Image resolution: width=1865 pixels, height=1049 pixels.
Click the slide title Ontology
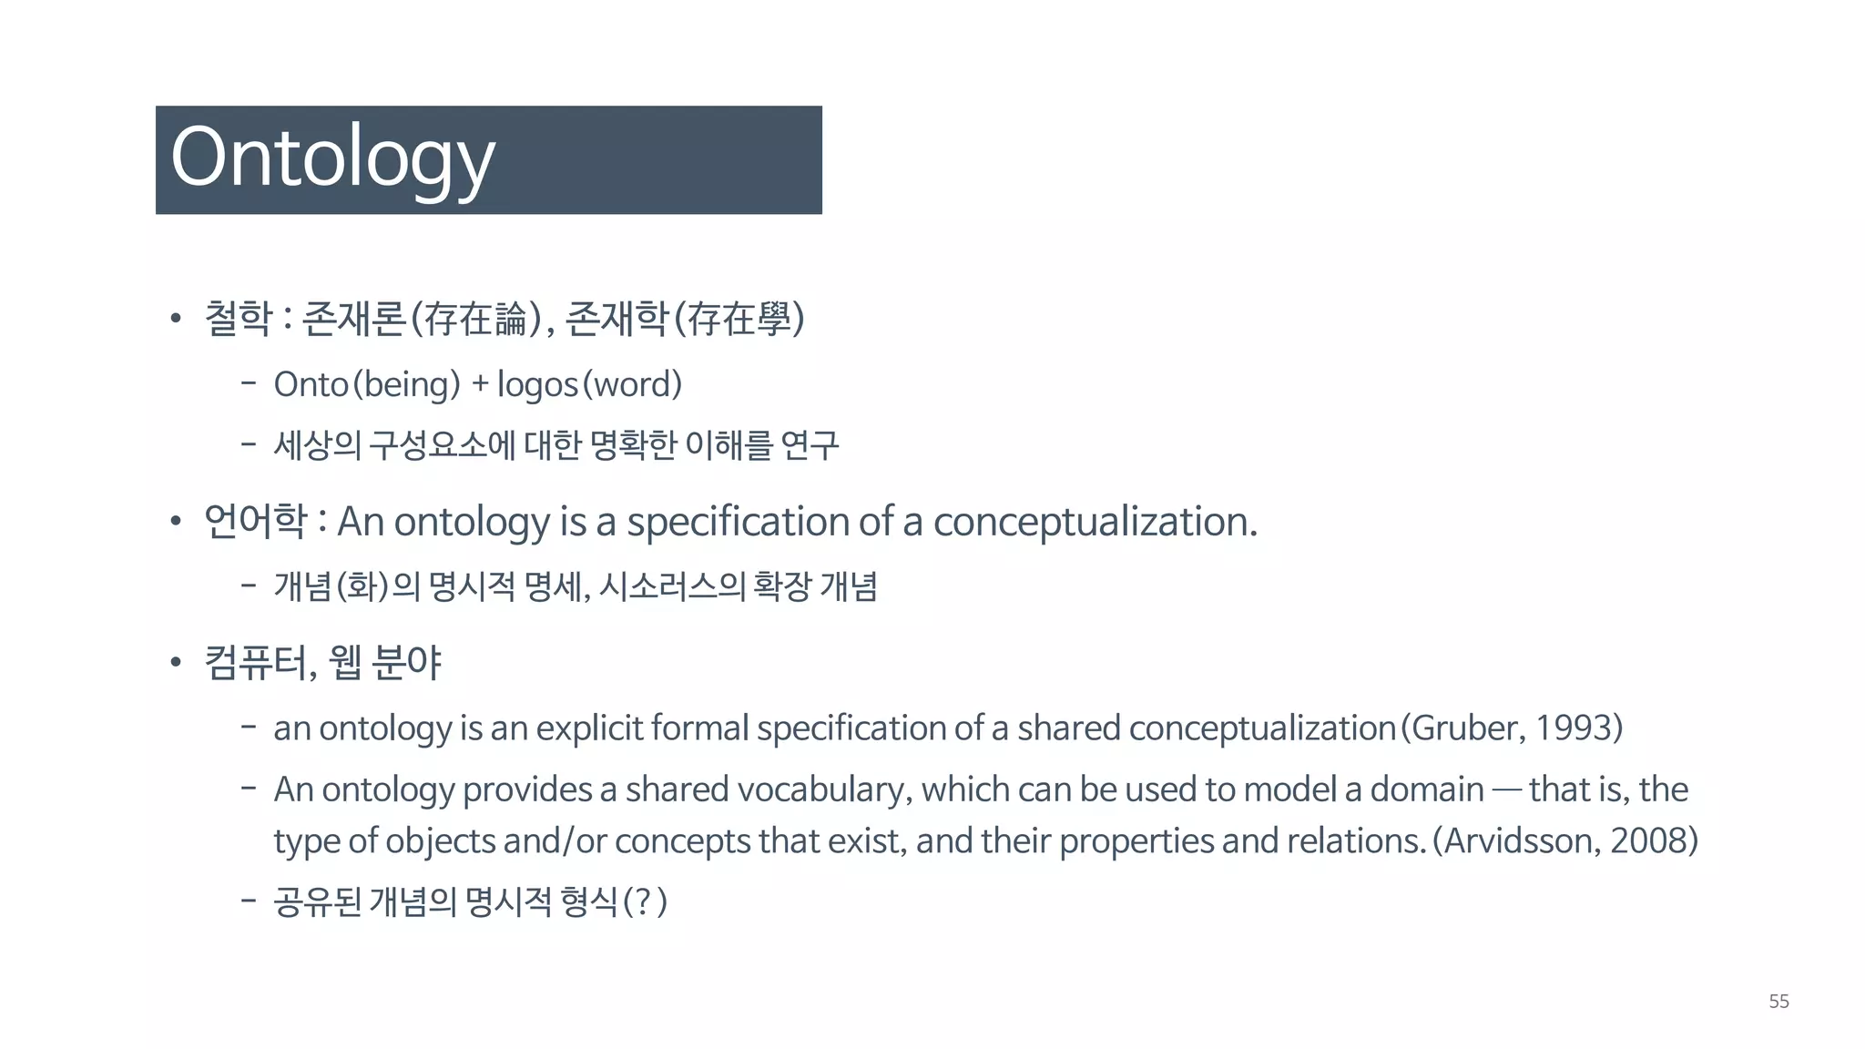332,159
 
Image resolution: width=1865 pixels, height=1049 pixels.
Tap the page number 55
1778,1002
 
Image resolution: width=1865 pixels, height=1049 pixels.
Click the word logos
537,385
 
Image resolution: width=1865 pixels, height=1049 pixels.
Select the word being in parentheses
407,385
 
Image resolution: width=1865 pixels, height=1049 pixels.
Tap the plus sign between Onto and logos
480,385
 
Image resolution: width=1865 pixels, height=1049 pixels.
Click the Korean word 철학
239,318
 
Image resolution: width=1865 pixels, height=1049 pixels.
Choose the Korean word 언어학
255,522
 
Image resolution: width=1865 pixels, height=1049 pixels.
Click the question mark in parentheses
644,901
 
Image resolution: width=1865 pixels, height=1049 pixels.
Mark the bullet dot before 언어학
176,523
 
